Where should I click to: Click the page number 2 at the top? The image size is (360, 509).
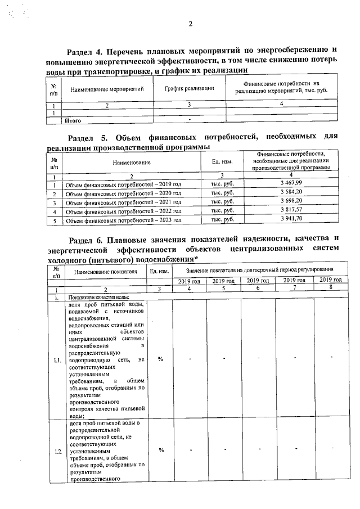[190, 24]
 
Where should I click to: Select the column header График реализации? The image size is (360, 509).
[189, 88]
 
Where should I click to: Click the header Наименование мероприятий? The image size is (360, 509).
[107, 89]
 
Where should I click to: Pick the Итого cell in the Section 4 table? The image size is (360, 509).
[73, 120]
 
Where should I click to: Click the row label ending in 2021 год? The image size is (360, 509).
[123, 202]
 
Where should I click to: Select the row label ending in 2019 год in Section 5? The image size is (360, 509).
[123, 184]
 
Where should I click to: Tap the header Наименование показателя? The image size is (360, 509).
[105, 271]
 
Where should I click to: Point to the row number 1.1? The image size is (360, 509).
[56, 361]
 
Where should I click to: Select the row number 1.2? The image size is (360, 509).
[56, 450]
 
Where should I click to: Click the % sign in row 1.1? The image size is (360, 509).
[160, 360]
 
